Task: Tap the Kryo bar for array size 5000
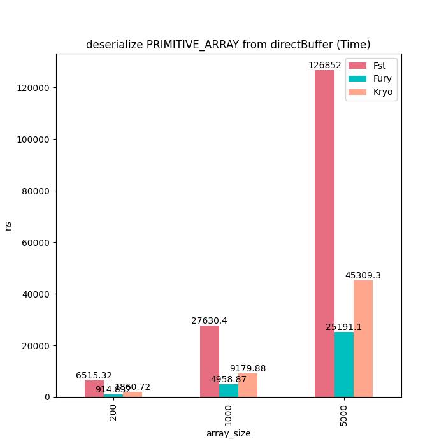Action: pyautogui.click(x=363, y=338)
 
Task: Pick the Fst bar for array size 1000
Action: pyautogui.click(x=210, y=361)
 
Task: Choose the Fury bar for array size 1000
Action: pyautogui.click(x=229, y=391)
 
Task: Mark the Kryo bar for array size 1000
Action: pyautogui.click(x=248, y=385)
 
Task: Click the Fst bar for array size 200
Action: pyautogui.click(x=94, y=389)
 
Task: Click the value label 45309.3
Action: pyautogui.click(x=363, y=275)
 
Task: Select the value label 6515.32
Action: pyautogui.click(x=94, y=376)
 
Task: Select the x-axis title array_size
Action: pyautogui.click(x=229, y=433)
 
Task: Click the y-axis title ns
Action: pyautogui.click(x=8, y=226)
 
